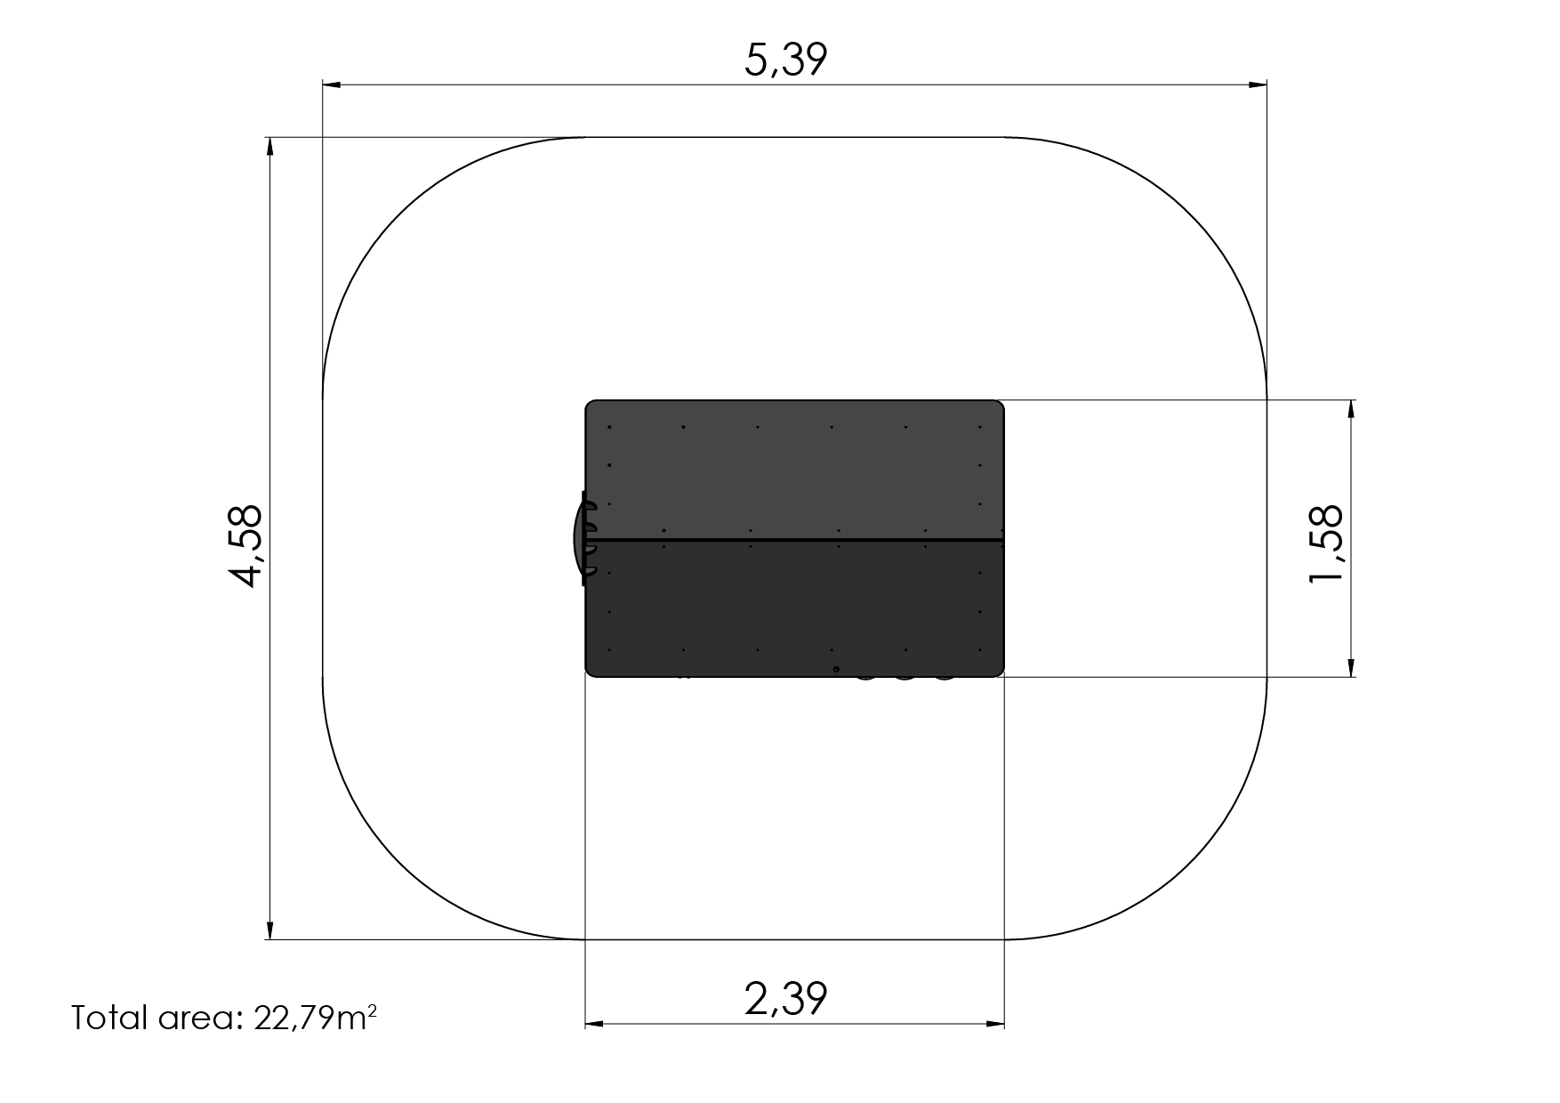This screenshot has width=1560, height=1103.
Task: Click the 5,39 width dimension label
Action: click(785, 60)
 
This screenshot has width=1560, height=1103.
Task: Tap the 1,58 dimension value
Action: click(1325, 544)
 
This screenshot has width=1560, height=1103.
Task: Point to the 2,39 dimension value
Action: click(785, 998)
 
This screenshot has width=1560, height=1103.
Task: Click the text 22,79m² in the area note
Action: click(315, 1018)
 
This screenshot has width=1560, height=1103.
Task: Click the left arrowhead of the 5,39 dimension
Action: click(332, 85)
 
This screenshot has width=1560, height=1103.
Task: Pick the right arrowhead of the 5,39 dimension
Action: click(1257, 85)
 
